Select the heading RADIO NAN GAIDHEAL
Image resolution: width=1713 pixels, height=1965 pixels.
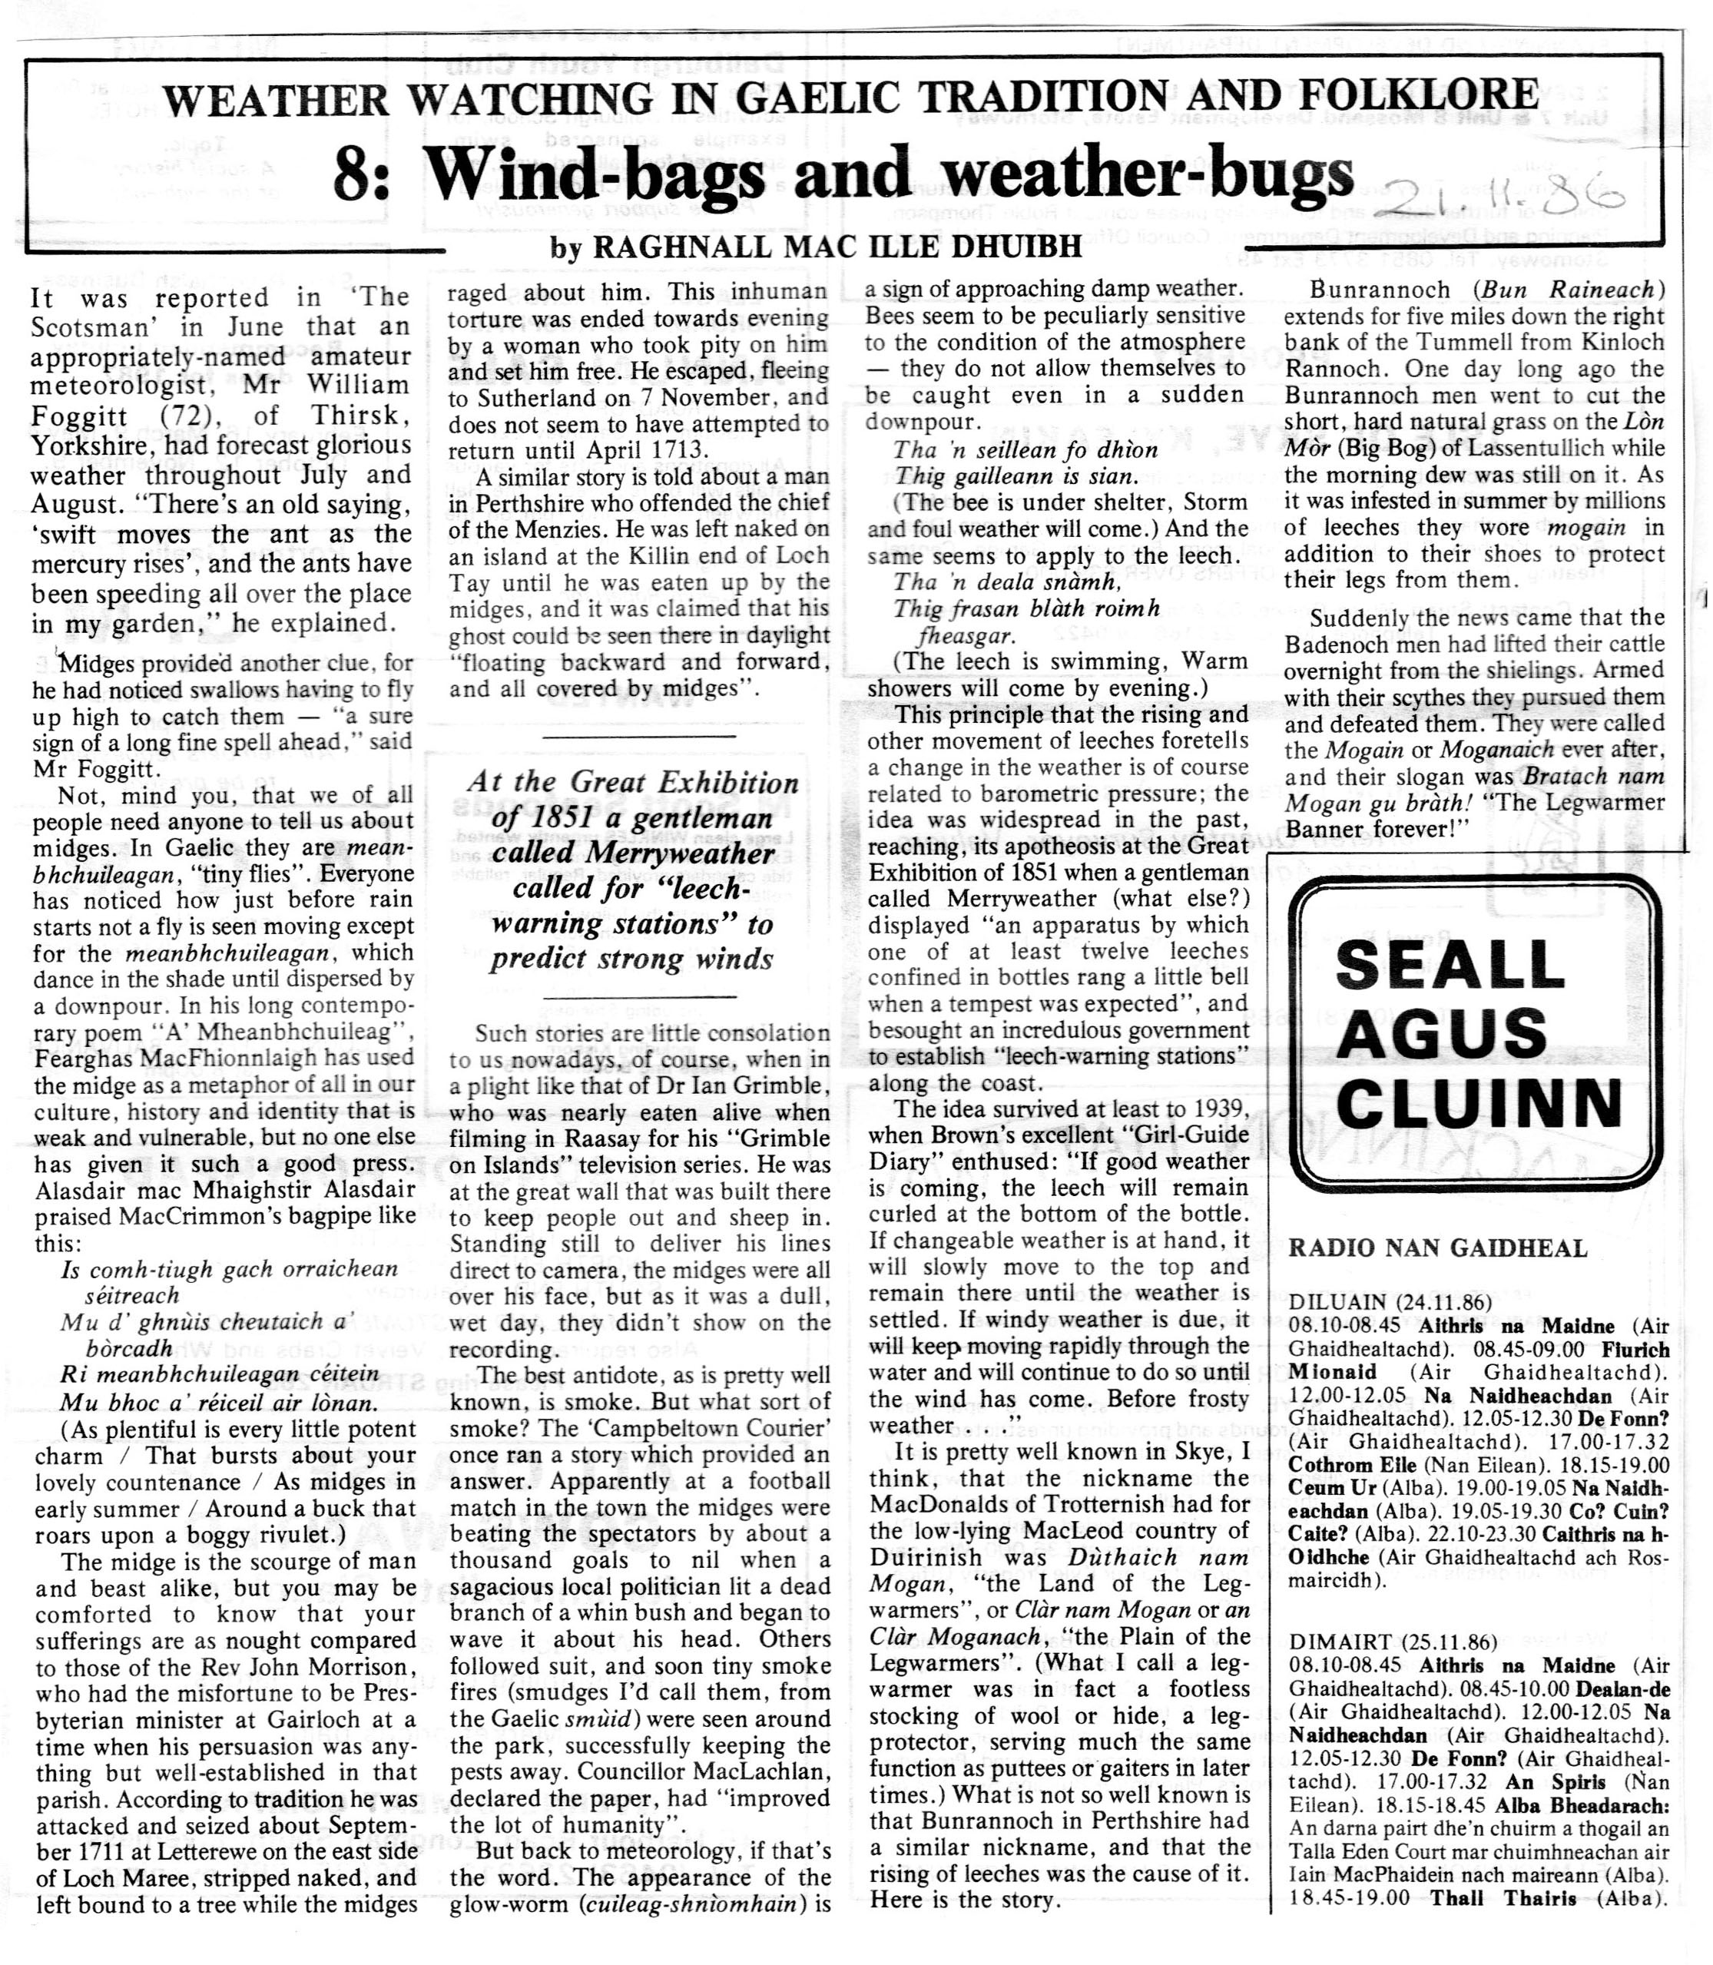click(1438, 1248)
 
